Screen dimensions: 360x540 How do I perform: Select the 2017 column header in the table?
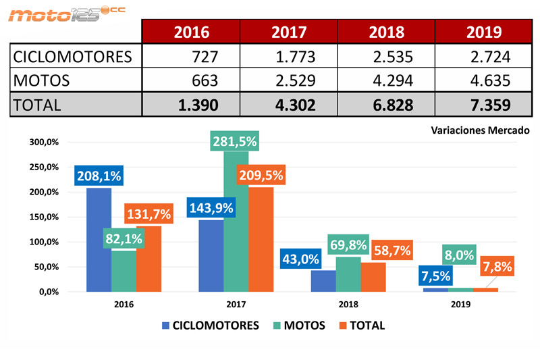click(289, 32)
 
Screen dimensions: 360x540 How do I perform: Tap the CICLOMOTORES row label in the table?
click(72, 56)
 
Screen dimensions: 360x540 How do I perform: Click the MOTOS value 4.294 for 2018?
click(387, 80)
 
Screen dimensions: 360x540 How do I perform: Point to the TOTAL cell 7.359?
click(485, 105)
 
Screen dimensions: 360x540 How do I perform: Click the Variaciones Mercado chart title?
click(480, 132)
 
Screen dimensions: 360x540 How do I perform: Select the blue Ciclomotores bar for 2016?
click(99, 240)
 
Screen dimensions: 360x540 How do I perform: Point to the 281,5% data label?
click(234, 142)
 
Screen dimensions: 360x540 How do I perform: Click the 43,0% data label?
click(301, 259)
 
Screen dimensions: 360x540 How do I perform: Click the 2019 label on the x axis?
click(460, 305)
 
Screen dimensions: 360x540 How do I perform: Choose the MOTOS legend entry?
click(297, 326)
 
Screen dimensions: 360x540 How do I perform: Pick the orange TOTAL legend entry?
click(361, 326)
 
